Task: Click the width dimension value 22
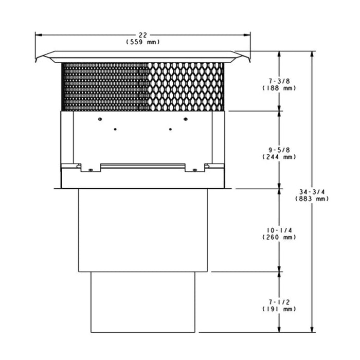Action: tap(143, 35)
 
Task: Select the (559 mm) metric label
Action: tap(143, 42)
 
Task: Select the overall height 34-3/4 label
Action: tap(313, 191)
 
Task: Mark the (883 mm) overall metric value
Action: tap(313, 198)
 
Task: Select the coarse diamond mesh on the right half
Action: tap(187, 86)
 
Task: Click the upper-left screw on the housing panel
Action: tap(100, 119)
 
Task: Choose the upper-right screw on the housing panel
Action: tap(185, 119)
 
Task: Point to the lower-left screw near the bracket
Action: tap(91, 170)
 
